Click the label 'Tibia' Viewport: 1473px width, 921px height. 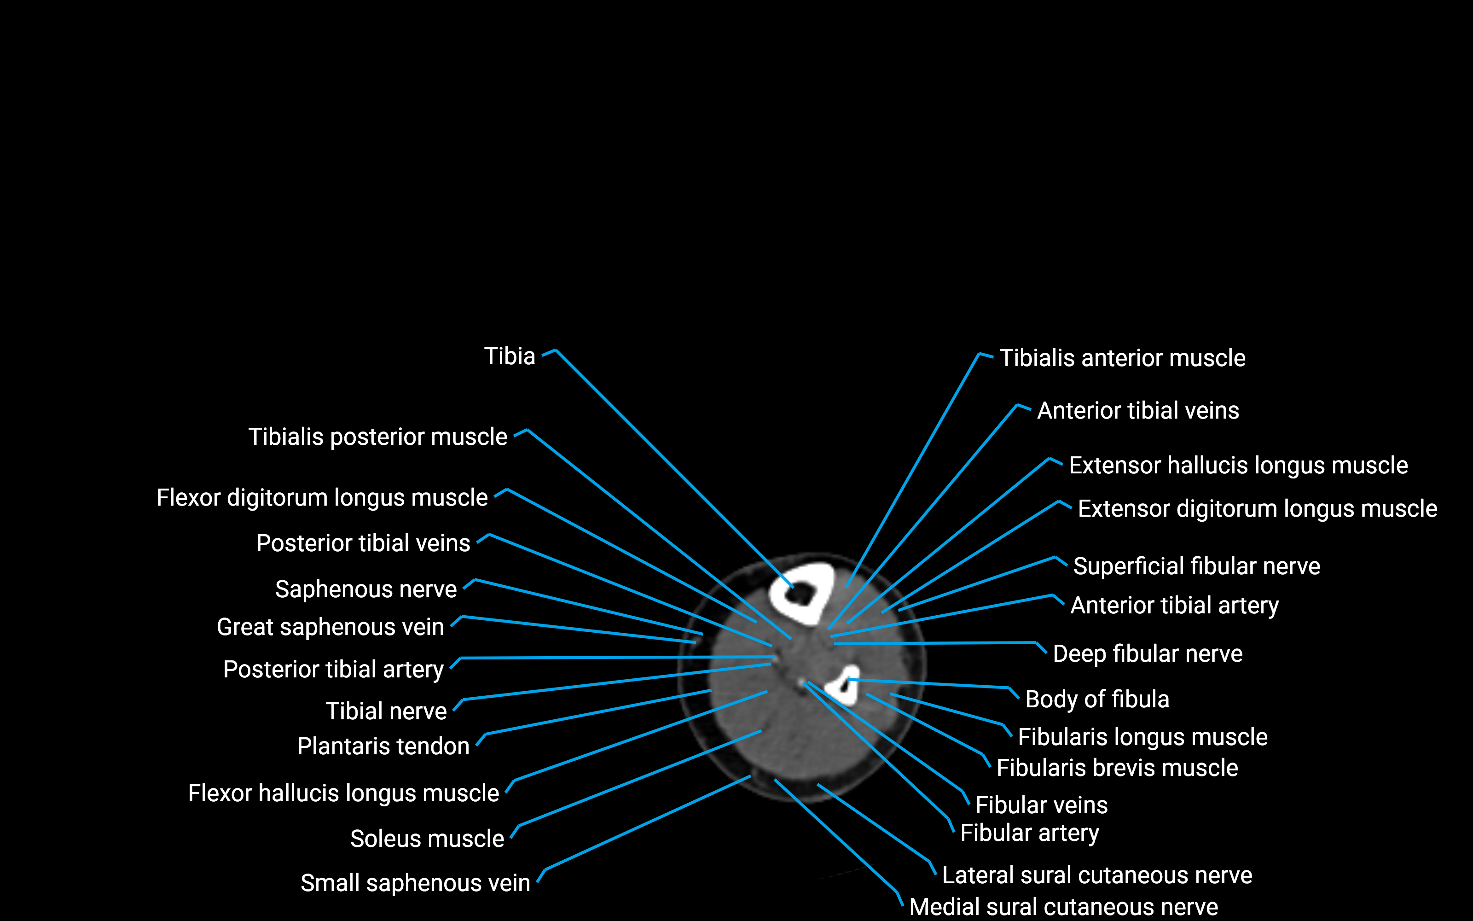(x=510, y=356)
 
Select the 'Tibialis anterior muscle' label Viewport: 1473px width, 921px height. (x=1122, y=358)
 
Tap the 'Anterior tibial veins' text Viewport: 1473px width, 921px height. (x=1137, y=411)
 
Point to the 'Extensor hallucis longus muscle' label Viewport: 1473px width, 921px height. (x=1238, y=466)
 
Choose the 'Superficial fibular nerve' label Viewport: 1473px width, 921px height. (x=1196, y=566)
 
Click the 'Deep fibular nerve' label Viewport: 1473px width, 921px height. (x=1148, y=653)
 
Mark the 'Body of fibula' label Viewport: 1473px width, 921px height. (x=1097, y=699)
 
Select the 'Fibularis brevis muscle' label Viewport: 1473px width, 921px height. (x=1117, y=768)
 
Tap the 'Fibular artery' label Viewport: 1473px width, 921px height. (x=1029, y=833)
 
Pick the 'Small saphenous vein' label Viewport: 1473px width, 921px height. (x=415, y=883)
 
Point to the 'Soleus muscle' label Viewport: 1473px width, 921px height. (x=427, y=839)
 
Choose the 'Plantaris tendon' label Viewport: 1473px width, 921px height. (x=383, y=746)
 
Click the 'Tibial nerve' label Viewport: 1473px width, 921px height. (x=386, y=711)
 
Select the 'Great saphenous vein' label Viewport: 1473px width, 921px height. (x=330, y=627)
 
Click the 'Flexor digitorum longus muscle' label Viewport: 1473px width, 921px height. (x=322, y=498)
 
